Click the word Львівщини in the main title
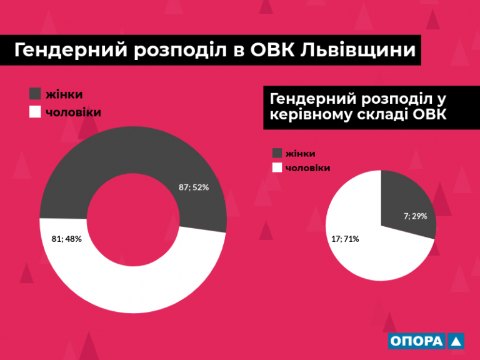click(358, 50)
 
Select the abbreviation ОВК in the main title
click(272, 49)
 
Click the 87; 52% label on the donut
click(194, 187)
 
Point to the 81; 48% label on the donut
click(67, 239)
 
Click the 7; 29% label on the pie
click(416, 216)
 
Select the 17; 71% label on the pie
click(345, 239)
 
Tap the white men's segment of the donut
click(133, 289)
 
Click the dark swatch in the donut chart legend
click(35, 94)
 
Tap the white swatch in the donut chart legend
click(35, 112)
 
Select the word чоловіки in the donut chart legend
click(74, 112)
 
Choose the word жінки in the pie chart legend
click(300, 153)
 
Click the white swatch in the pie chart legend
click(277, 167)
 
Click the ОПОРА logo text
click(417, 341)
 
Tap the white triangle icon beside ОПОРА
click(456, 342)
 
